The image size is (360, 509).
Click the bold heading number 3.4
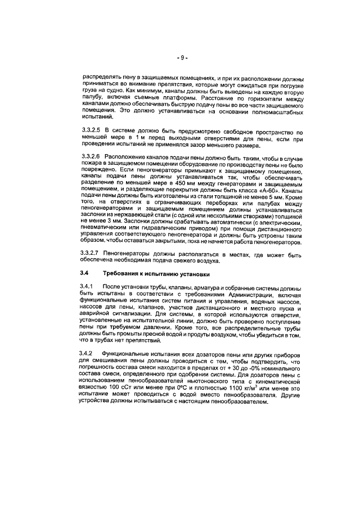pos(85,274)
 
